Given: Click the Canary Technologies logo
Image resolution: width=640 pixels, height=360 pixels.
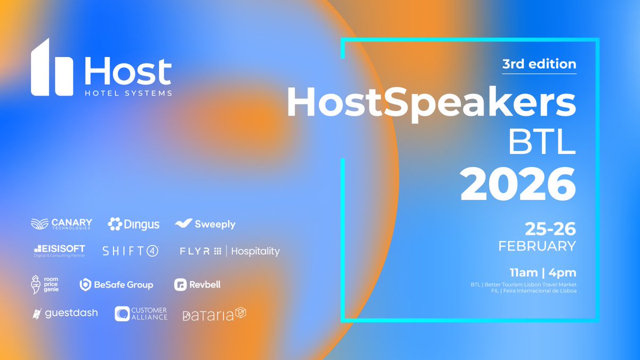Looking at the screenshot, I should [61, 224].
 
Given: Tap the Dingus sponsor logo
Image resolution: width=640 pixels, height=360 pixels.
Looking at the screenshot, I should [134, 225].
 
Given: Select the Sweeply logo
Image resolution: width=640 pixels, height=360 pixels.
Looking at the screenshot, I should [205, 225].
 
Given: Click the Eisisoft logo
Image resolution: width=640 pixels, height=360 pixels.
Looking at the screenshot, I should [59, 251].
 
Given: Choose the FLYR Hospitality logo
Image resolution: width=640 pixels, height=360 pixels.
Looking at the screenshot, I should [229, 251].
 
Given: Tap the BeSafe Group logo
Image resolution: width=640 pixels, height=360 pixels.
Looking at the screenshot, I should [116, 285].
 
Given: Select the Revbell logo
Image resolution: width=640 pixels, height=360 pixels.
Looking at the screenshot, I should [197, 285].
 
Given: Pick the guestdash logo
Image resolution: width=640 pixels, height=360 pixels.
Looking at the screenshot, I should [65, 313].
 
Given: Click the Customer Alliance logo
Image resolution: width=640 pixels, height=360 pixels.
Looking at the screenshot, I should [141, 314].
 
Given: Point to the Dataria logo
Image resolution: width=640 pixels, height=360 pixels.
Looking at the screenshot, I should [214, 315].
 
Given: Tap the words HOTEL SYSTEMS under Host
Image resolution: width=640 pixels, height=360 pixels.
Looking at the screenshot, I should [128, 93].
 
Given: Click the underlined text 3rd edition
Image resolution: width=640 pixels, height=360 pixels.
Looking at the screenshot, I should [539, 64].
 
